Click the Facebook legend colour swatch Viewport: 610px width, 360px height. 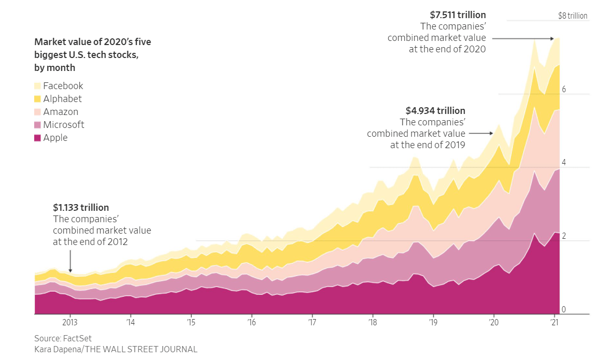pos(38,86)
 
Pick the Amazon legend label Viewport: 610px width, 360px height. pos(61,112)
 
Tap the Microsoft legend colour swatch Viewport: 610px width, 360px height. pos(38,125)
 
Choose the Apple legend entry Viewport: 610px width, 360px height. pos(55,138)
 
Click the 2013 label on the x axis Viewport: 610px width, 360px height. pos(70,323)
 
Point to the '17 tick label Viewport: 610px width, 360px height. pos(312,323)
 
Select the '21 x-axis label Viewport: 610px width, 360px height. pos(555,323)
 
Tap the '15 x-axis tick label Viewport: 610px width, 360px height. pos(191,323)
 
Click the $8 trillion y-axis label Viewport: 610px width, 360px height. pos(573,16)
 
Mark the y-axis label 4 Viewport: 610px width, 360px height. pos(564,163)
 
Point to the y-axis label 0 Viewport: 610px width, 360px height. pos(564,310)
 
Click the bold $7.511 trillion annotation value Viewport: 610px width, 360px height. pos(458,15)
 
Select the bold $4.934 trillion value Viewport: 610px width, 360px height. pos(435,111)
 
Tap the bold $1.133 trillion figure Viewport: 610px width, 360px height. pos(81,208)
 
